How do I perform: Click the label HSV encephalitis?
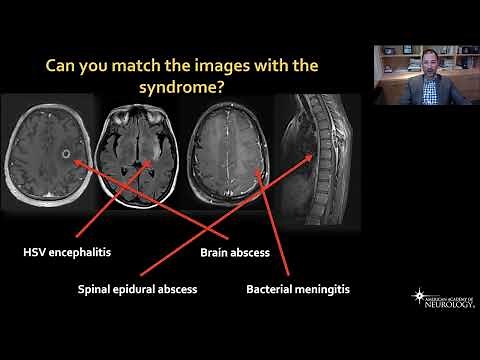63,251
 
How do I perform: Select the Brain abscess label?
235,253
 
